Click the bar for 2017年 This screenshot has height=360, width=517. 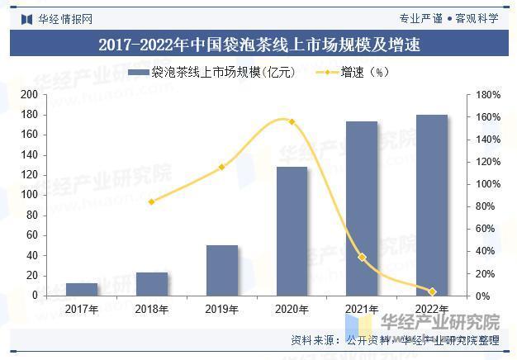[x=82, y=289]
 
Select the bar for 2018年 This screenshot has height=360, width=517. [x=152, y=284]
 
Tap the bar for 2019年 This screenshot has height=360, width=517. [x=222, y=270]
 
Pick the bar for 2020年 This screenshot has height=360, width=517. [x=292, y=231]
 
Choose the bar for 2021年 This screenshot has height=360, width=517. [x=362, y=208]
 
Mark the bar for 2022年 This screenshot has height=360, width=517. [x=432, y=205]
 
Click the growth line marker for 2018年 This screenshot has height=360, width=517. [x=152, y=201]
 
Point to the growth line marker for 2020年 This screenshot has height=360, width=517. [x=292, y=121]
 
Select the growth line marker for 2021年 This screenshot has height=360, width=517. [x=362, y=257]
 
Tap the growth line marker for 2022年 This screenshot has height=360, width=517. [x=432, y=291]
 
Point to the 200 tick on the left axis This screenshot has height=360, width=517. [x=30, y=95]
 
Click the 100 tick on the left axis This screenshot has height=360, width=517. [x=30, y=195]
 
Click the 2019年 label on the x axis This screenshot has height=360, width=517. [x=222, y=310]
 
